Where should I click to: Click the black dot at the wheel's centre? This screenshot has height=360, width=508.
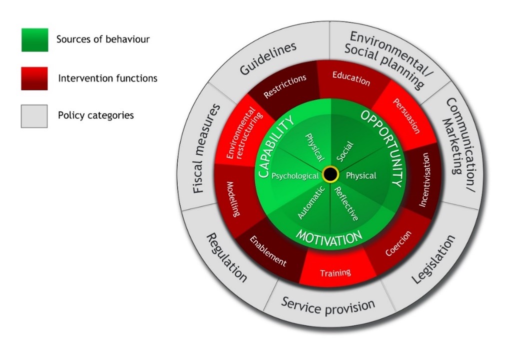click(330, 174)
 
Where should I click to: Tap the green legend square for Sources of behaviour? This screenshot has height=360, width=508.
click(35, 40)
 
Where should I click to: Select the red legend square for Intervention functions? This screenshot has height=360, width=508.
click(34, 79)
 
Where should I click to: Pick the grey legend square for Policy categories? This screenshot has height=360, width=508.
click(34, 116)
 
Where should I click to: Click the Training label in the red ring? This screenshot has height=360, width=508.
click(335, 273)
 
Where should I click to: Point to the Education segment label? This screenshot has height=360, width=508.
click(351, 79)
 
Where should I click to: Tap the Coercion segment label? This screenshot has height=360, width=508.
click(399, 243)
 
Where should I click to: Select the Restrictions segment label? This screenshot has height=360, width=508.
click(285, 86)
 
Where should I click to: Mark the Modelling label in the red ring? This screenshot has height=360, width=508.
click(234, 199)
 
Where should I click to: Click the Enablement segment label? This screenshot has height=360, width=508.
click(268, 251)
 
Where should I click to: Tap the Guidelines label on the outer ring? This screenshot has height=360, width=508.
click(268, 58)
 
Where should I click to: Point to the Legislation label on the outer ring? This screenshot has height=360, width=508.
click(434, 259)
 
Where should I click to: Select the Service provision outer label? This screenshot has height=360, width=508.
click(328, 306)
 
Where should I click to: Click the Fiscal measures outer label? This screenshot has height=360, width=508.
click(206, 149)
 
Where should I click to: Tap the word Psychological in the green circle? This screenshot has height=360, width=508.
click(295, 176)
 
